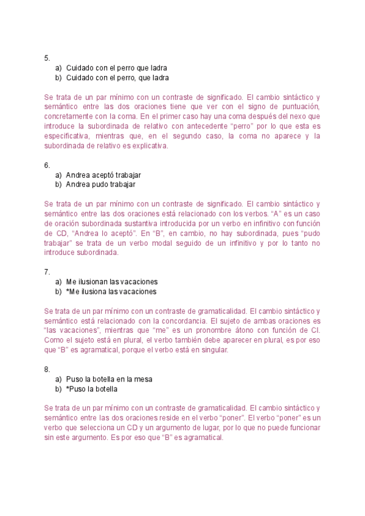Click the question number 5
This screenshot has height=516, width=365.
click(x=46, y=58)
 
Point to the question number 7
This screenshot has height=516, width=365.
click(x=46, y=272)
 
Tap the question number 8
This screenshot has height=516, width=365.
click(x=46, y=369)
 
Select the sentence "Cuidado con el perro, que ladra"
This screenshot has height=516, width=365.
click(x=117, y=78)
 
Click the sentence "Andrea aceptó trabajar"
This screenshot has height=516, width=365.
click(x=103, y=175)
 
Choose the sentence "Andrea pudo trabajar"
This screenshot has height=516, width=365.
click(x=100, y=184)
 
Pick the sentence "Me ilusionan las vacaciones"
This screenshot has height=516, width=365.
click(x=111, y=282)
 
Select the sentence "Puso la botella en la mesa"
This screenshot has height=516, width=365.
click(x=109, y=379)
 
